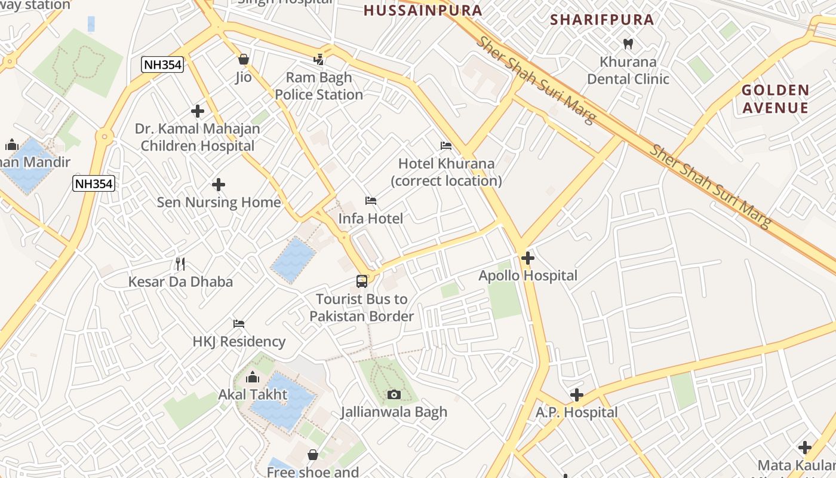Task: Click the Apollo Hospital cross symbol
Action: [x=527, y=258]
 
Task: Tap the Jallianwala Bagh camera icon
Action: [x=394, y=394]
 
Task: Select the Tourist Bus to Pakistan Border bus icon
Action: [x=362, y=281]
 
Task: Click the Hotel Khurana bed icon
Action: [x=445, y=146]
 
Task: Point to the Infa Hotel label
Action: [x=370, y=219]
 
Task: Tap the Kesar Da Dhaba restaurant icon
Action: [x=180, y=263]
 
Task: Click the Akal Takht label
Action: [x=253, y=395]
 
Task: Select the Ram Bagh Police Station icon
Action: [x=319, y=60]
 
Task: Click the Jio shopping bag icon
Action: [x=243, y=59]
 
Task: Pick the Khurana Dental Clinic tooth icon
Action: [x=628, y=44]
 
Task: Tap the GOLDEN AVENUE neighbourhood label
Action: [x=775, y=99]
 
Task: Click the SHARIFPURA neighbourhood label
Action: [x=602, y=20]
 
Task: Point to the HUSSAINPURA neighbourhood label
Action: [x=423, y=11]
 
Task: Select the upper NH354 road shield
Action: [x=162, y=65]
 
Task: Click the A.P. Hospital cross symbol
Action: [x=576, y=395]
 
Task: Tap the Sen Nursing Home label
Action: [x=219, y=203]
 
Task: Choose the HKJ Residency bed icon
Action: [x=239, y=324]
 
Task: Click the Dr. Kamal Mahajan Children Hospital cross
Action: [x=198, y=111]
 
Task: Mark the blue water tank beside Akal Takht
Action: [x=282, y=402]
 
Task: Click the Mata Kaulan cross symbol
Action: [x=804, y=448]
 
